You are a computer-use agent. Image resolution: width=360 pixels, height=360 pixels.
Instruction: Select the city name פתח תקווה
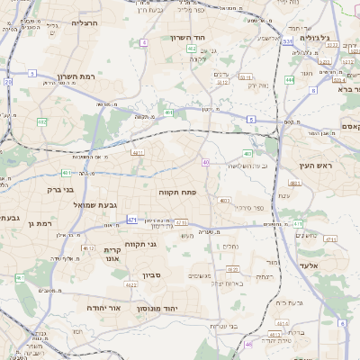click(x=179, y=192)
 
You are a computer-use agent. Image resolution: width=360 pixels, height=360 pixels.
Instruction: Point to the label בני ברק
click(x=60, y=190)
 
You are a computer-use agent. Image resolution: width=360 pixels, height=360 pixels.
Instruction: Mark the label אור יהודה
click(x=89, y=308)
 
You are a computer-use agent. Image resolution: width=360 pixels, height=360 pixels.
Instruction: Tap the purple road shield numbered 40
click(x=207, y=162)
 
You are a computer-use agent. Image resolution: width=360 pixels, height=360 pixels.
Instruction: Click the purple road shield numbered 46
click(x=247, y=344)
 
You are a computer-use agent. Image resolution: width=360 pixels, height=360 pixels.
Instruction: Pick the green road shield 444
click(x=289, y=80)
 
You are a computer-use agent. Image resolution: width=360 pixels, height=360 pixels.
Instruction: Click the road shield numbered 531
click(x=287, y=41)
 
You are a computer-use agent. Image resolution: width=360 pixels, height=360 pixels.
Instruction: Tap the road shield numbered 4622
click(x=130, y=284)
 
